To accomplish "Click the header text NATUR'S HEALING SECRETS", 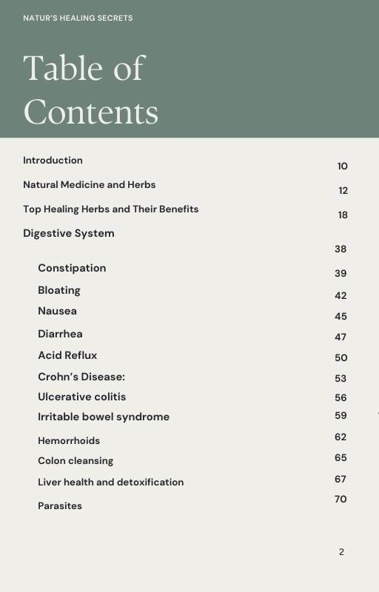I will pos(78,18).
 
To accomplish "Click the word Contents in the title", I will pos(91,112).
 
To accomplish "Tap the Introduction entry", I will pos(53,160).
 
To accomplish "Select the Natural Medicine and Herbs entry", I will pos(89,184).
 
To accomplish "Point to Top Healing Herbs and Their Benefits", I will pos(110,209).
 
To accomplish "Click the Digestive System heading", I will pos(68,233).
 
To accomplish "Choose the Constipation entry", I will pos(72,268).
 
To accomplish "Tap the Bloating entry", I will pos(59,290).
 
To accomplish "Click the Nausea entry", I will pos(57,311).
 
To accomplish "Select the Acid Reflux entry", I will pos(67,355).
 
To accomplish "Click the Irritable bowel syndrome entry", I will pos(104,417).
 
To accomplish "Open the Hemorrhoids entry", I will pos(69,440).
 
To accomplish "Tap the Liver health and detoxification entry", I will pos(110,482).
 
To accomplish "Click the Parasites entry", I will pos(60,505).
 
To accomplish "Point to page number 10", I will pos(342,166).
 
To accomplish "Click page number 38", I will pos(341,249).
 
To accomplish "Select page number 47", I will pos(341,337).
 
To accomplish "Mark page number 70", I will pos(341,499).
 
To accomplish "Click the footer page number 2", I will pos(341,552).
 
